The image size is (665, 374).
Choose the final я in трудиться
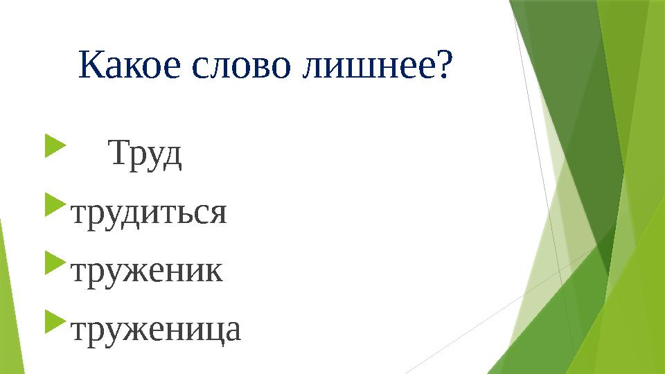coord(218,214)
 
